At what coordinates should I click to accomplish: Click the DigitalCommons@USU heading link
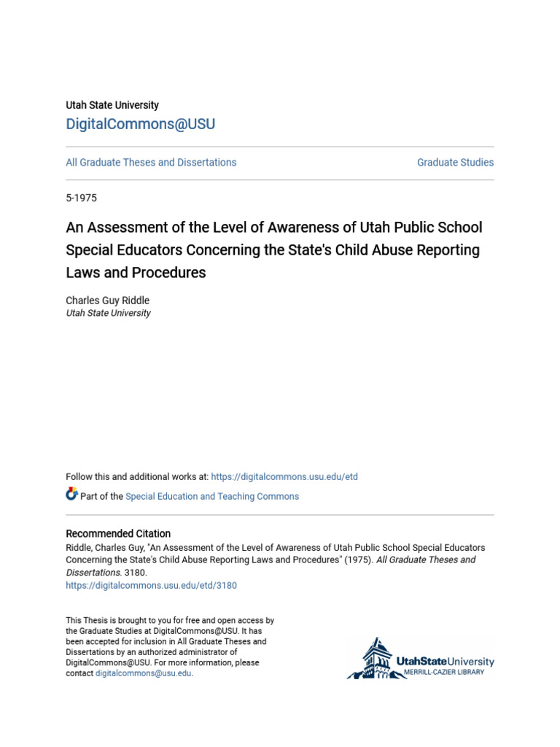pos(141,124)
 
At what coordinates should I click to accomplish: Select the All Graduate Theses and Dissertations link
pos(151,163)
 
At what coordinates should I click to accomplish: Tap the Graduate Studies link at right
pos(455,163)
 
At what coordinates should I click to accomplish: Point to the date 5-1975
pos(81,198)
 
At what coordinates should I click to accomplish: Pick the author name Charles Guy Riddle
pos(107,301)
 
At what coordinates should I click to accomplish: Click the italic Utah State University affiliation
pos(108,313)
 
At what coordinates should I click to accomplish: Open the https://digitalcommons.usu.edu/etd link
pos(284,477)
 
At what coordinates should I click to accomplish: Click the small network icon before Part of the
pos(71,495)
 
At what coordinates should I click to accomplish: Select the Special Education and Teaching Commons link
pos(212,497)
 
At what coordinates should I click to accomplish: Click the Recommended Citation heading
pos(118,534)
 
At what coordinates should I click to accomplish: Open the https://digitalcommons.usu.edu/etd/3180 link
pos(151,585)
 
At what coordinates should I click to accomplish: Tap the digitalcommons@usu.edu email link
pos(143,673)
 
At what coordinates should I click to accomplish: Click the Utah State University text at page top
pos(112,105)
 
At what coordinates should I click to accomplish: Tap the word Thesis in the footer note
pos(97,621)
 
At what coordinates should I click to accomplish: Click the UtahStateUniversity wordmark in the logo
pos(445,662)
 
